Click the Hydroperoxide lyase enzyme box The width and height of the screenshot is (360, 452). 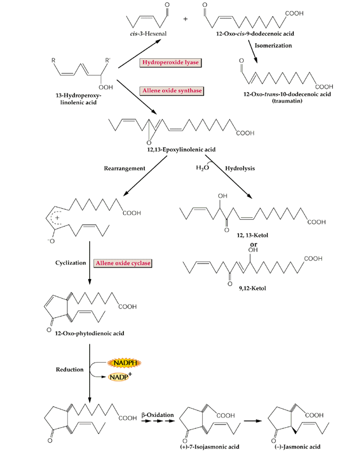point(170,62)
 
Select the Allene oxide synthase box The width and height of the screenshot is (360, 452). point(172,91)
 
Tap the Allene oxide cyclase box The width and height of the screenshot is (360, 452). point(123,263)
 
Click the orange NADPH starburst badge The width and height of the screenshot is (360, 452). point(124,363)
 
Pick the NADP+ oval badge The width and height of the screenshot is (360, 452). point(119,376)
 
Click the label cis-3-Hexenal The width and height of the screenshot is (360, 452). point(148,33)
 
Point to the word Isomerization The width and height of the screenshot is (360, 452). point(273,46)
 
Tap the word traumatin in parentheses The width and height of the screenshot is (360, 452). point(287,101)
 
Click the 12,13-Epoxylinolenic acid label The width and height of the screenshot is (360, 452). point(181,149)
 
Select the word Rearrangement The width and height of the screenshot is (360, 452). point(124,168)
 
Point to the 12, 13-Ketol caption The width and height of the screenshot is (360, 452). point(252,235)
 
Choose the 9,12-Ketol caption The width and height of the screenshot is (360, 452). point(252,288)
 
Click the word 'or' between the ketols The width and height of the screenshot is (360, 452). point(253,244)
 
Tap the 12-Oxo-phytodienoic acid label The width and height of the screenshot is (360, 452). point(90,333)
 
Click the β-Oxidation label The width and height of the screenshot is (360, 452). point(158,415)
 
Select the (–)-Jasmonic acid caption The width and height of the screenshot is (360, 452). point(297,447)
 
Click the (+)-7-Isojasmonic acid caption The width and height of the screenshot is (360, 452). point(210,447)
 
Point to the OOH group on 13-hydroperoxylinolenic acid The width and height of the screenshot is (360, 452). point(106,87)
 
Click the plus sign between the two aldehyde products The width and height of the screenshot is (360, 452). point(185,18)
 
